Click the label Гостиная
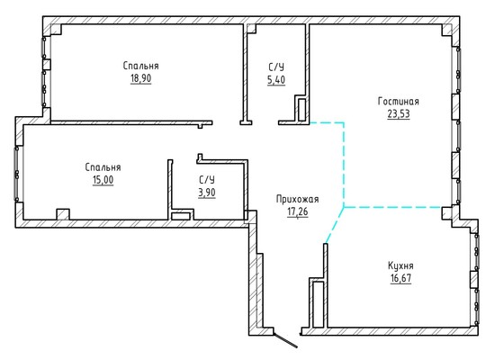pos(399,102)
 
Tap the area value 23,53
pos(399,113)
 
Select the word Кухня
pos(400,265)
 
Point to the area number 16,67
pos(400,278)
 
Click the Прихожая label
pos(297,199)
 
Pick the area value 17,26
pos(297,211)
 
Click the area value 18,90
pos(140,78)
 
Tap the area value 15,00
pos(103,180)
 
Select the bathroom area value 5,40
pos(276,80)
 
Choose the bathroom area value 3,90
pos(207,193)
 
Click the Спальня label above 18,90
pos(140,66)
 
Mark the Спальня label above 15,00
pos(103,167)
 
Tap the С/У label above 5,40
pos(276,67)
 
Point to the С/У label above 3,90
pos(207,180)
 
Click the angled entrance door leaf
pos(285,340)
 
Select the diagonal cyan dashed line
pos(335,225)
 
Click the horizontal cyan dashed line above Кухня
pos(392,207)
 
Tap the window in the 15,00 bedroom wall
pos(17,174)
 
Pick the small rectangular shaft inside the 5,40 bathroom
pos(302,109)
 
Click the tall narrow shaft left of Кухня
pos(319,304)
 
